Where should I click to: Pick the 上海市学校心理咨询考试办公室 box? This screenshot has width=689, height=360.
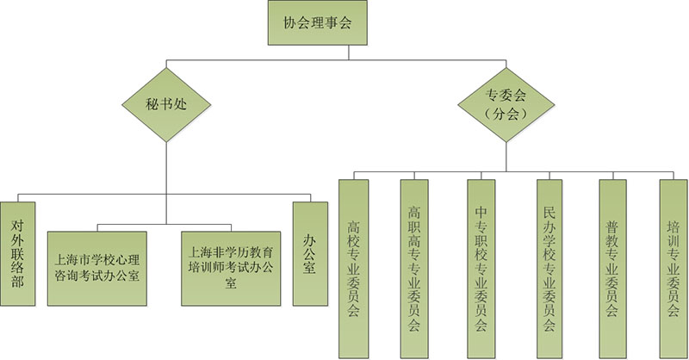(x=96, y=267)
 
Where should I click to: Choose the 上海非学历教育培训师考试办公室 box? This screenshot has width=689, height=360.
(x=231, y=267)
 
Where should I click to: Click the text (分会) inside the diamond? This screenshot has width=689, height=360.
(x=506, y=114)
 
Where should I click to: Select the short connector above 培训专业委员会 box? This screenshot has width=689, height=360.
(x=673, y=175)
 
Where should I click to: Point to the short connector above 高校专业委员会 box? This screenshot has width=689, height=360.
(x=353, y=175)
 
